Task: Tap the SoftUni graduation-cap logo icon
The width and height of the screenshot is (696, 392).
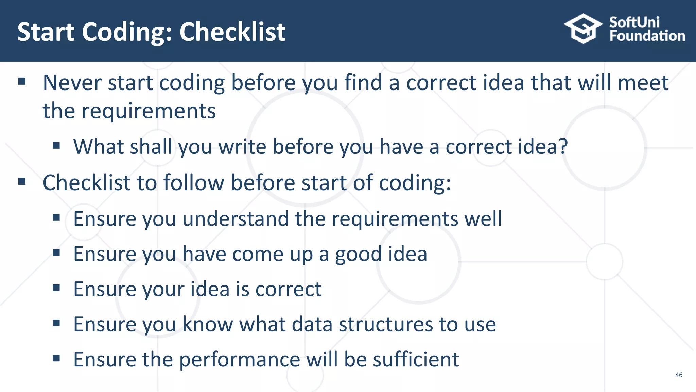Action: tap(583, 29)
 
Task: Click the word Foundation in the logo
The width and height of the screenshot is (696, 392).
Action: tap(647, 36)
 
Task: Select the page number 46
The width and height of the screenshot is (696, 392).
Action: tap(679, 375)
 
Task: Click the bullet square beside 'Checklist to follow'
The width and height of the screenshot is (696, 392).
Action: tap(22, 182)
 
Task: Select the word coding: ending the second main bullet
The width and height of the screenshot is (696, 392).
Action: tap(415, 183)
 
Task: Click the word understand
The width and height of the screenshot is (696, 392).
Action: tap(235, 218)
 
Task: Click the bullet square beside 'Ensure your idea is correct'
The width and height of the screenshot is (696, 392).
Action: tap(56, 288)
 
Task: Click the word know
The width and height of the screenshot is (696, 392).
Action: tap(208, 324)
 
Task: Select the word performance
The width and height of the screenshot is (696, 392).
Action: tap(240, 360)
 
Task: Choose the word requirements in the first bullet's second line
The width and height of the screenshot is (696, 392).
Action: tap(149, 111)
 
